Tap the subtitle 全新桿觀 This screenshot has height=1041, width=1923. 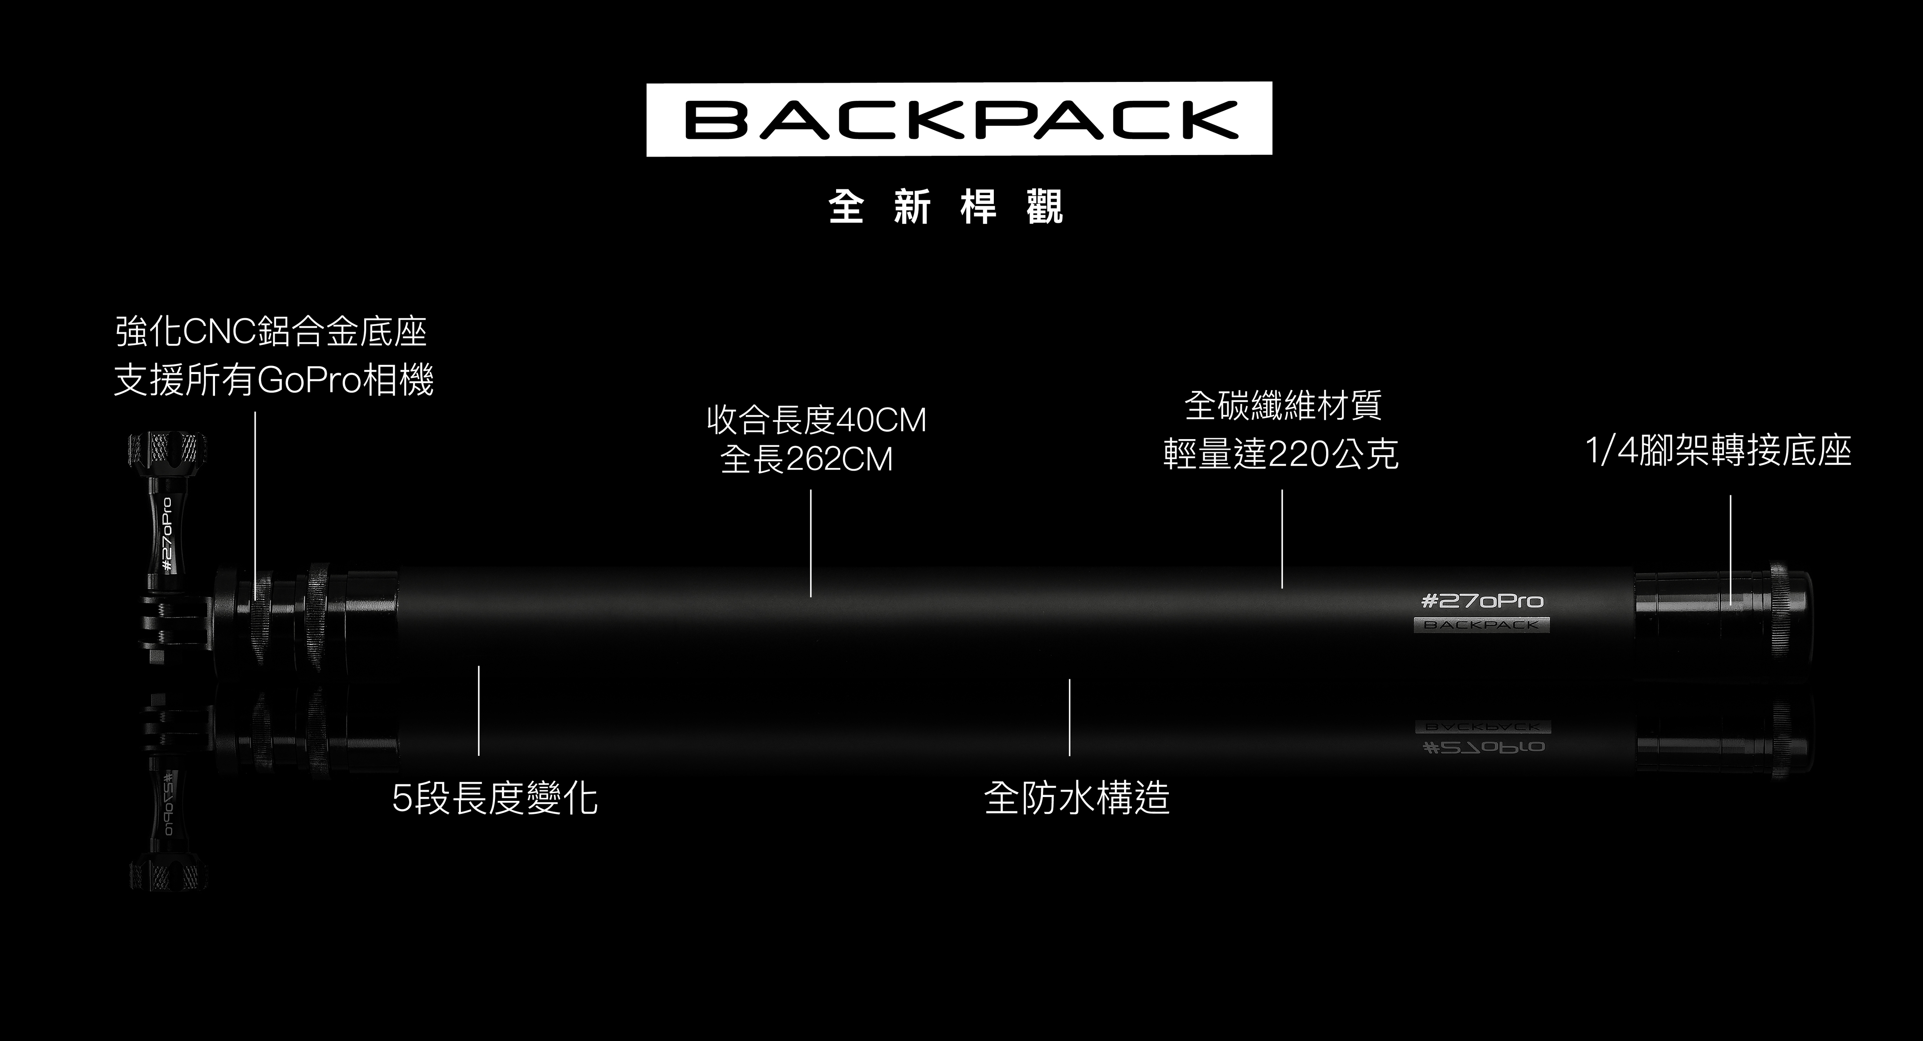pyautogui.click(x=946, y=207)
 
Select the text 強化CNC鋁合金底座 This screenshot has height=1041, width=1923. pyautogui.click(x=271, y=332)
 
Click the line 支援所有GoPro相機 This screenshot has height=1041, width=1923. pyautogui.click(x=273, y=380)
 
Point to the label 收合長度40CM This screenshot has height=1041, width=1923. pyautogui.click(x=816, y=420)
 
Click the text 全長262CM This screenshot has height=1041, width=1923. pyautogui.click(x=806, y=459)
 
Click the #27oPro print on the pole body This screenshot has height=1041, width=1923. pyautogui.click(x=1482, y=601)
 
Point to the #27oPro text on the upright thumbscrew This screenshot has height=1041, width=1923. pyautogui.click(x=167, y=534)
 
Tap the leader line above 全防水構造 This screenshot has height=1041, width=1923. pyautogui.click(x=1069, y=717)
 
